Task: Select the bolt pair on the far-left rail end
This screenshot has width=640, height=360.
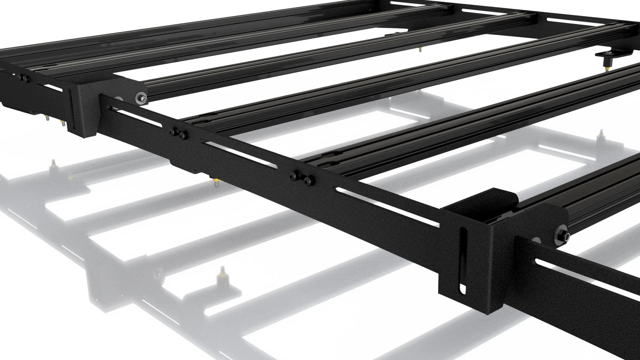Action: pos(22,78)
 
